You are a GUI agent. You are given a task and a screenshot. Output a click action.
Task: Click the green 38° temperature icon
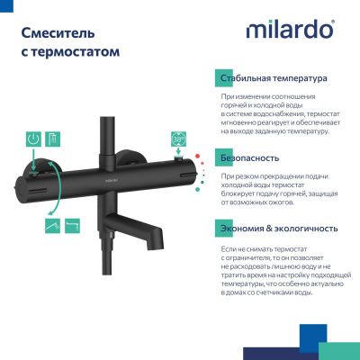tap(179, 139)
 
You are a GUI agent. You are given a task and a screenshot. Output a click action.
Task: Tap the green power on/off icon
tap(32, 139)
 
